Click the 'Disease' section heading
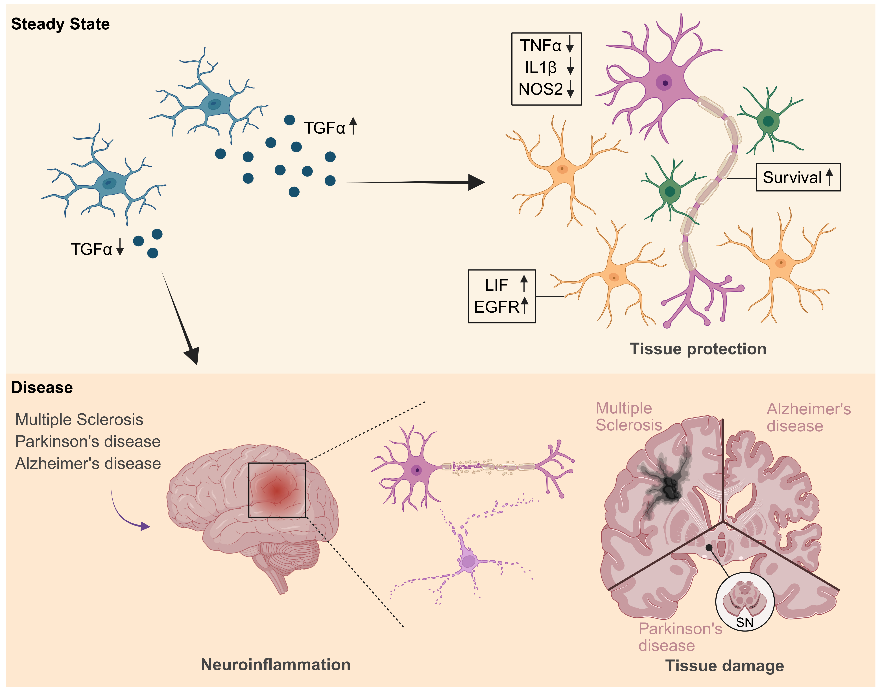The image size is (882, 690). (x=42, y=388)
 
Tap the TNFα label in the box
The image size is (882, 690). (x=540, y=46)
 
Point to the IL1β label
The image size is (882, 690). (x=540, y=68)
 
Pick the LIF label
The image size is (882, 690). (x=496, y=285)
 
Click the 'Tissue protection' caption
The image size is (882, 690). (x=698, y=349)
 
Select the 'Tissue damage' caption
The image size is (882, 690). (x=724, y=666)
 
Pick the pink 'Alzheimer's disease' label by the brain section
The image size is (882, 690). (x=809, y=417)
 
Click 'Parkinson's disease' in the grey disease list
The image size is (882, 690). (x=88, y=441)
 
